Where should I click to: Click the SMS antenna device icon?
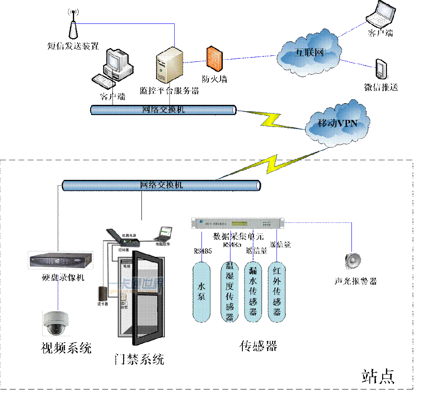(73, 25)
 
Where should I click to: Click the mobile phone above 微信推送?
(380, 69)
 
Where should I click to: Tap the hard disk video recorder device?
(60, 260)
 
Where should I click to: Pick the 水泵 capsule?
(201, 292)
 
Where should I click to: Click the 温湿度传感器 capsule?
(229, 292)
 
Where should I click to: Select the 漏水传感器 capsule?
(253, 292)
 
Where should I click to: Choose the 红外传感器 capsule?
(277, 292)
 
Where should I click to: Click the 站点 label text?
(378, 375)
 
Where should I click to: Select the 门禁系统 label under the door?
(140, 359)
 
